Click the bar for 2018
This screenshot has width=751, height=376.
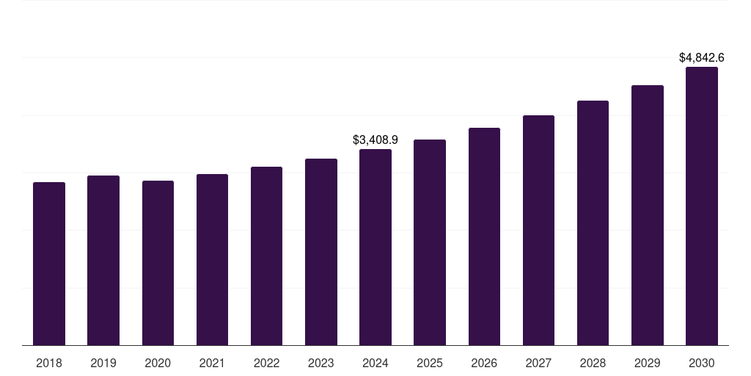[49, 264]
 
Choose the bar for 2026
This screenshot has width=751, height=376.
[484, 236]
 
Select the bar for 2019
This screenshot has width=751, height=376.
[103, 260]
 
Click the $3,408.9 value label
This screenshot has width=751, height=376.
[375, 140]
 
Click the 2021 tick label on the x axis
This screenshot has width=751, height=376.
[212, 363]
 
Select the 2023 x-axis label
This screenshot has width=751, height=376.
[321, 363]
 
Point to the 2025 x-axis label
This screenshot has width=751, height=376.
[430, 363]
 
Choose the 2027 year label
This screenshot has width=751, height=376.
[538, 363]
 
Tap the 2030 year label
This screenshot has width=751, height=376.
[702, 363]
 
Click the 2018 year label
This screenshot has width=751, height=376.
[49, 363]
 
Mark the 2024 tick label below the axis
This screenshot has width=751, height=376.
[375, 363]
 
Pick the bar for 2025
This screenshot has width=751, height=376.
[430, 242]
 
